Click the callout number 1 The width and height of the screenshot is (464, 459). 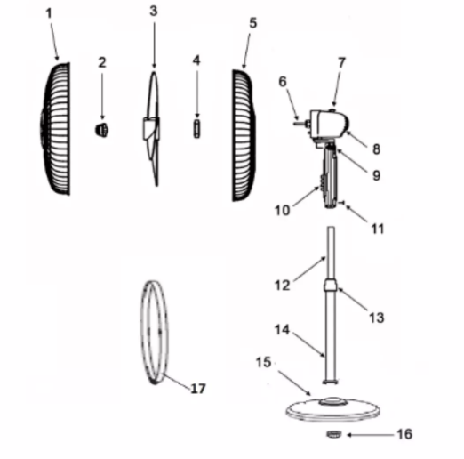point(49,13)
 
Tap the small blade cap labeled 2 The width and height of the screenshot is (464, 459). point(101,130)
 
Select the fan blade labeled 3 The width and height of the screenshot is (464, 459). point(152,129)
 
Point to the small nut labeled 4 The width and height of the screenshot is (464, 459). point(196,128)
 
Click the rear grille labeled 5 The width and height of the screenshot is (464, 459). point(244,135)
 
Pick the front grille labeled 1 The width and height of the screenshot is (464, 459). point(55,128)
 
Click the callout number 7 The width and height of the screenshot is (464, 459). point(341,63)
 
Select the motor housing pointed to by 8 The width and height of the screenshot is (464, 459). point(329,124)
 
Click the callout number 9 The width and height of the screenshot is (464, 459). point(376,175)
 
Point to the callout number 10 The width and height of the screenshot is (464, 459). point(282,210)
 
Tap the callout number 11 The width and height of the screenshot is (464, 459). point(378,229)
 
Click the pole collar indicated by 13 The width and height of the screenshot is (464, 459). point(331,286)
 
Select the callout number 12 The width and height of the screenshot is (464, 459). point(282,286)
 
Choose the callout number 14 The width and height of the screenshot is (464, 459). point(282,329)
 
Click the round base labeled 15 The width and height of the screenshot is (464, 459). point(333,409)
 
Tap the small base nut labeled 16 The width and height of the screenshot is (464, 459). point(334,434)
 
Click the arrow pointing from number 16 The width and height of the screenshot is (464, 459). point(371,435)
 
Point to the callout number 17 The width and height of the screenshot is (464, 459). point(198,389)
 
